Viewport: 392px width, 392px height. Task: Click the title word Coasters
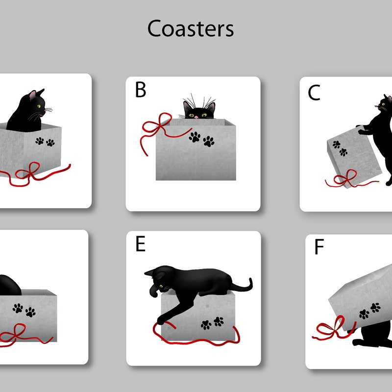191,29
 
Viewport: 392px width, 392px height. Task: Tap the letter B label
141,90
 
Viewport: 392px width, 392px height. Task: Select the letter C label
314,93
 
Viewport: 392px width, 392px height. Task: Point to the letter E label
140,244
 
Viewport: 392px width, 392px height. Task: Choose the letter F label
319,247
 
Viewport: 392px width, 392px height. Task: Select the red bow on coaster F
333,327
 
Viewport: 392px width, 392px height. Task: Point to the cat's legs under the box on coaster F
372,338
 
